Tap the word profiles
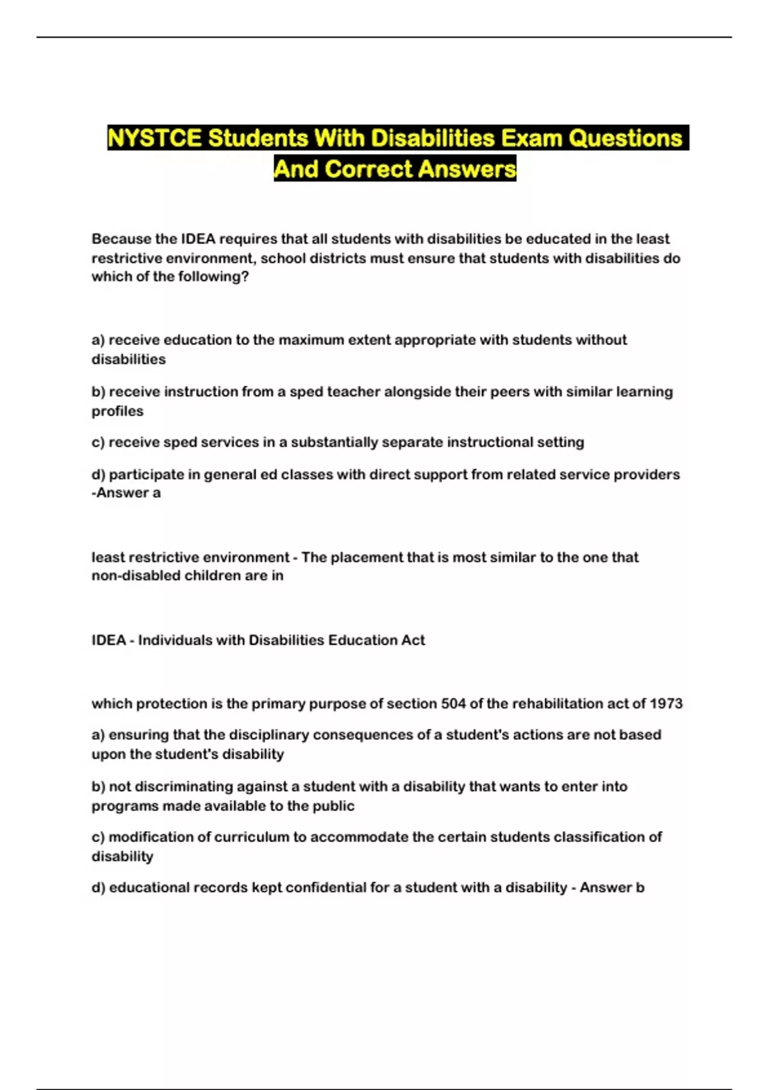[117, 411]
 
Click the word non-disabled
[135, 576]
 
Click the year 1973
[666, 703]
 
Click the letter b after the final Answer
[640, 888]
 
